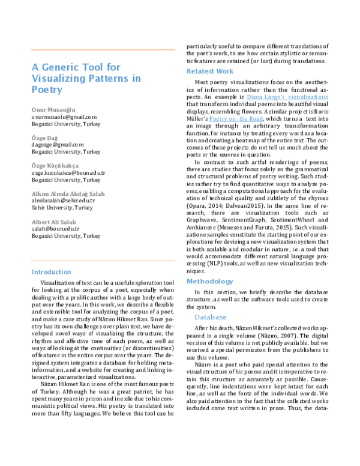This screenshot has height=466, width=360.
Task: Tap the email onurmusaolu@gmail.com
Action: click(x=64, y=117)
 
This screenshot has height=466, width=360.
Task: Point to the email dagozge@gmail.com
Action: click(x=57, y=145)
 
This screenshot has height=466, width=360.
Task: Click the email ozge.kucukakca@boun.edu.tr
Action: click(x=68, y=173)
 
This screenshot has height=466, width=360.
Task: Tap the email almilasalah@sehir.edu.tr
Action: click(x=64, y=201)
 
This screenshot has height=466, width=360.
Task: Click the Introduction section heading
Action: click(x=51, y=271)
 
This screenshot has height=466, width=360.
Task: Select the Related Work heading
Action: click(x=209, y=71)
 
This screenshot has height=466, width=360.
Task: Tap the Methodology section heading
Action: click(x=209, y=281)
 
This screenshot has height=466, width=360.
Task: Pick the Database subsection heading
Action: click(x=211, y=317)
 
